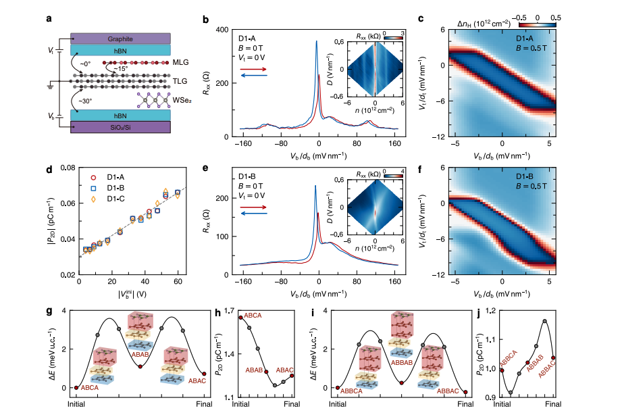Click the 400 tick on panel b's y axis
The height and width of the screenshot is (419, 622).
pos(221,30)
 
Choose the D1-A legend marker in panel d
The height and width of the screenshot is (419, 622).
pos(95,178)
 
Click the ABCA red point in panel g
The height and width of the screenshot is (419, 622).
pos(76,387)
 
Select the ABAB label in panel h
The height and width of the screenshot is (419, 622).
pos(254,370)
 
